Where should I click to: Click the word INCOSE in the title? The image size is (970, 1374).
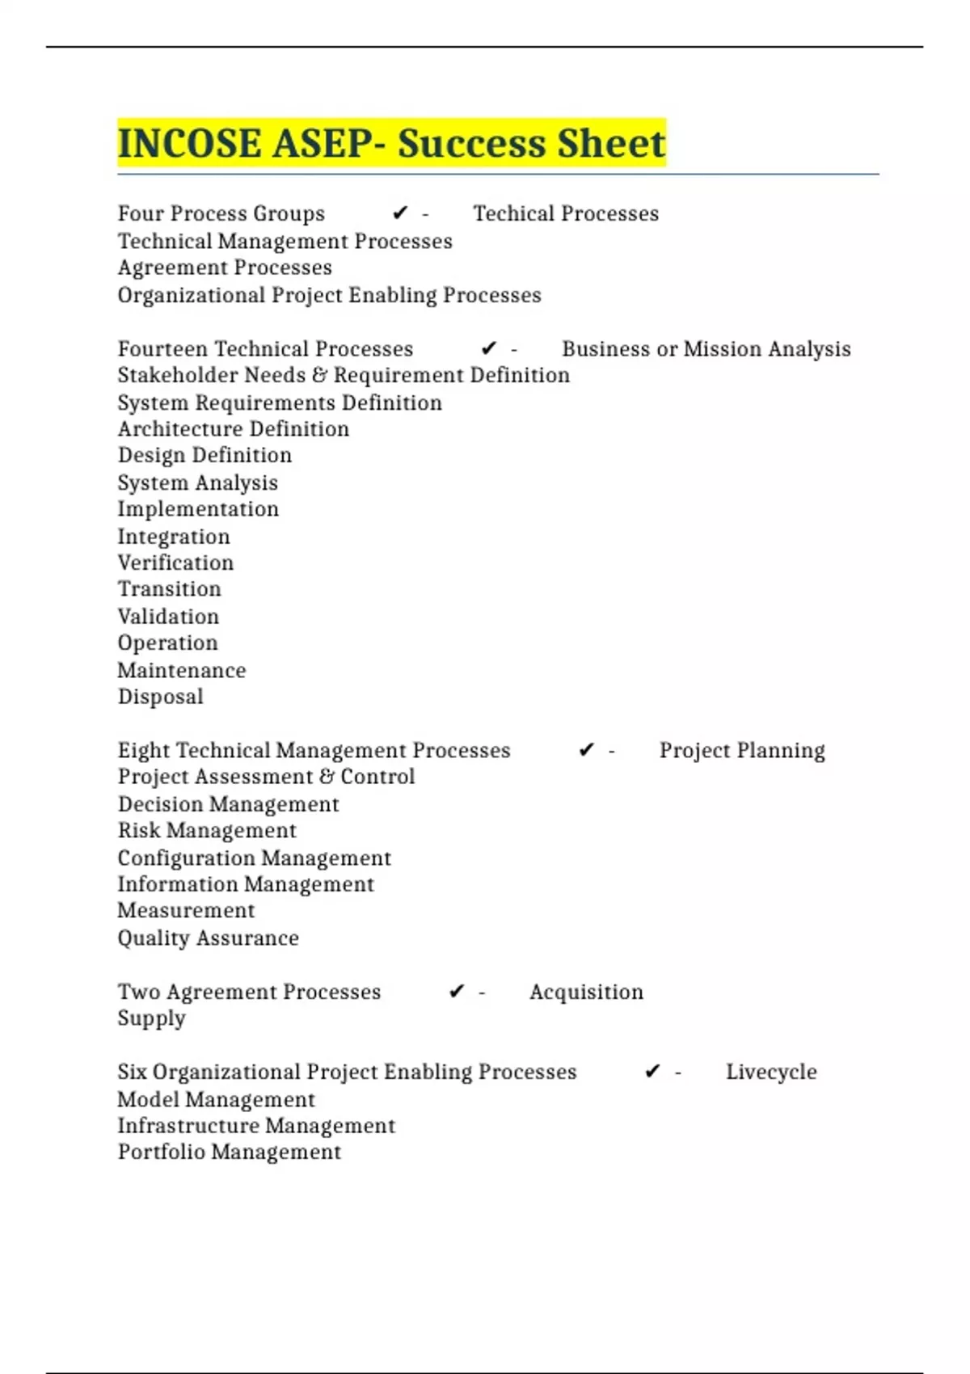[x=189, y=143]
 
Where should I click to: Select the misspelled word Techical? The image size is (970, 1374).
[x=513, y=213]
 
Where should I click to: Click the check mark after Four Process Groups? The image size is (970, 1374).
[x=400, y=213]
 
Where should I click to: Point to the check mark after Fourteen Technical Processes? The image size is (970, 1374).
[x=488, y=348]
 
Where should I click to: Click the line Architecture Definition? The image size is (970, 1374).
[x=234, y=428]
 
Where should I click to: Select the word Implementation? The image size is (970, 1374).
[x=198, y=509]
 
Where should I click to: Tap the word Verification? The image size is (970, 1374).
[x=175, y=563]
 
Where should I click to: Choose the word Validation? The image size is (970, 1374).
[x=168, y=617]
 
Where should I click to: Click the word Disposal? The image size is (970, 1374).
[x=160, y=697]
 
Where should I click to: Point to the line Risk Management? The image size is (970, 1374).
[x=207, y=830]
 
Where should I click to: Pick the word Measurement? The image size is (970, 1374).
[x=186, y=910]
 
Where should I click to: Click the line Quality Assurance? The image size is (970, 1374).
[x=208, y=938]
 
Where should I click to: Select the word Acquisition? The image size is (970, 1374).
[x=586, y=992]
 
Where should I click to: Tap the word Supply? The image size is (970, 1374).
[x=151, y=1018]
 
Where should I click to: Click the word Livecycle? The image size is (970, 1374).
[x=771, y=1072]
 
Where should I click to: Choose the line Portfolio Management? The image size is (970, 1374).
[x=230, y=1152]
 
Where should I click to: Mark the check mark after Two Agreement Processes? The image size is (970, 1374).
[x=457, y=992]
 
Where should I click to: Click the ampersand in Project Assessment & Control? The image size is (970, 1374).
[x=327, y=777]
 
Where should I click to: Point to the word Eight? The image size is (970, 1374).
[x=143, y=750]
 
